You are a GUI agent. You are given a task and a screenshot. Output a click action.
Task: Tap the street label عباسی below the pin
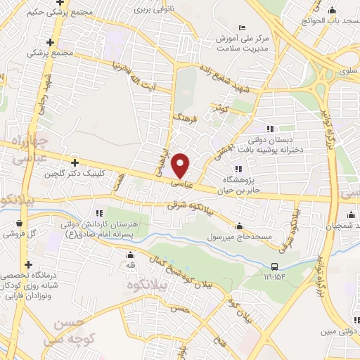pos(180,184)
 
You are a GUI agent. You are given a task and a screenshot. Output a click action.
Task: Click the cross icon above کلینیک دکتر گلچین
pos(75,162)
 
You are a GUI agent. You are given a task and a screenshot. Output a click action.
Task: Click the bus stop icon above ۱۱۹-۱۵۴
pos(274,266)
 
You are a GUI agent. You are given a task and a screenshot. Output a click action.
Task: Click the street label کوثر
pos(223,108)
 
